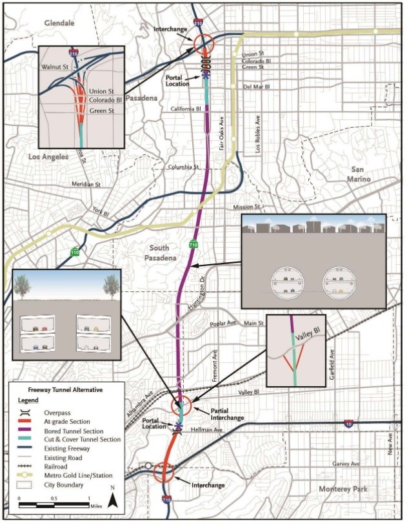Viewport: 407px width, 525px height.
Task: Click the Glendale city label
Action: click(x=60, y=23)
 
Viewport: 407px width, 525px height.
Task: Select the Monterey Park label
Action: click(x=343, y=489)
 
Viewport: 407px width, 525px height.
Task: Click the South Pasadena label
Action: click(x=158, y=253)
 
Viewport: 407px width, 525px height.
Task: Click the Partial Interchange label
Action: click(x=226, y=414)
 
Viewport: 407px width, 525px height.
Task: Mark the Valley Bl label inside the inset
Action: click(x=307, y=337)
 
